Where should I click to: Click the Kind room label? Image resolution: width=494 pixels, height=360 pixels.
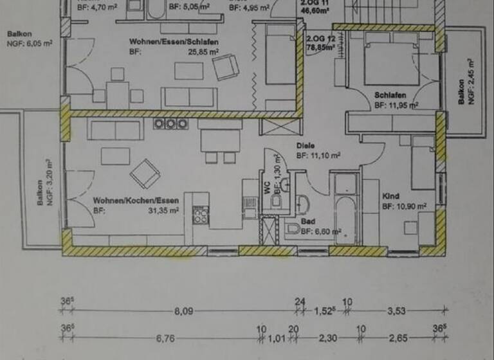[391, 196]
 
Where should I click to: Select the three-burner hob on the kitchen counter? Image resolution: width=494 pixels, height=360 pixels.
[169, 124]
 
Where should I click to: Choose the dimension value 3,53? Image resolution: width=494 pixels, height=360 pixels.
[396, 311]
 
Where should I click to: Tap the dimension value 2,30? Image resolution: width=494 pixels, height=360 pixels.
[326, 338]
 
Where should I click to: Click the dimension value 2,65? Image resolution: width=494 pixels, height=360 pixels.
[396, 338]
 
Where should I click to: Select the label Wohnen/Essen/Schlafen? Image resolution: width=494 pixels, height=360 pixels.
[174, 42]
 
